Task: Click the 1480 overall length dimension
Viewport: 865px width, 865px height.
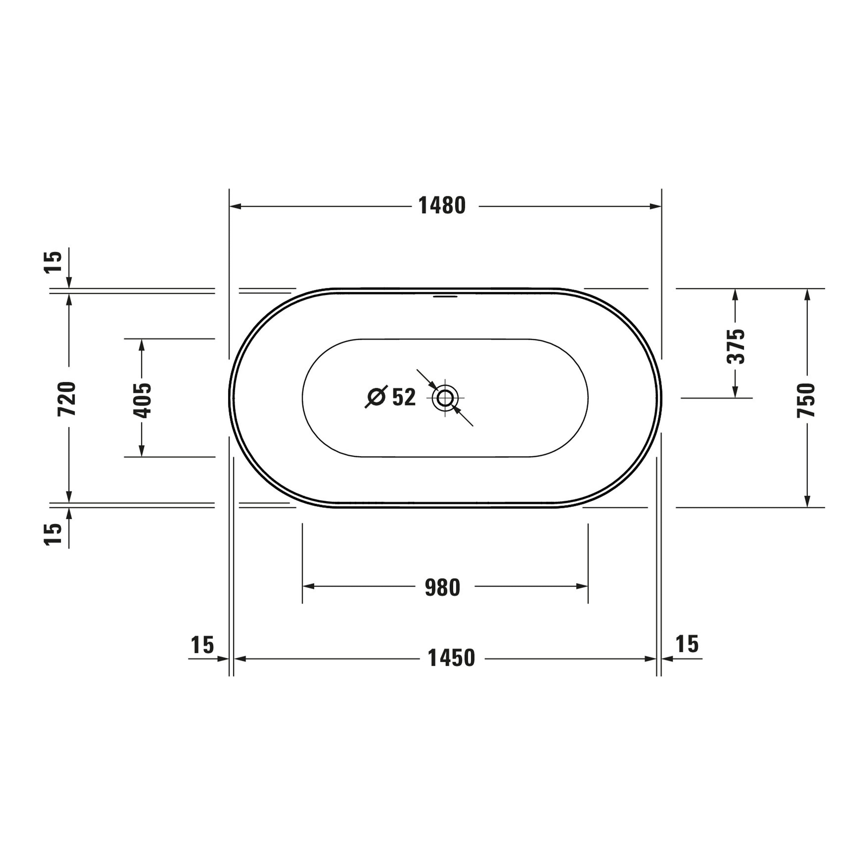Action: (x=442, y=206)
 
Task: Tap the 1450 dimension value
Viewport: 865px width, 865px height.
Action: (x=451, y=658)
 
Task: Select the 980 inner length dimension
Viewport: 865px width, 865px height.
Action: (x=442, y=588)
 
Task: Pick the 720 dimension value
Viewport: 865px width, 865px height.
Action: (x=67, y=399)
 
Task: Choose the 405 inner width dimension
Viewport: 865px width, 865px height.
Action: (x=142, y=400)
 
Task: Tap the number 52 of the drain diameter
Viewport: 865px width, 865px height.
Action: (x=404, y=397)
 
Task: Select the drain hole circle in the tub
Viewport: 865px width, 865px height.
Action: (x=445, y=398)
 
